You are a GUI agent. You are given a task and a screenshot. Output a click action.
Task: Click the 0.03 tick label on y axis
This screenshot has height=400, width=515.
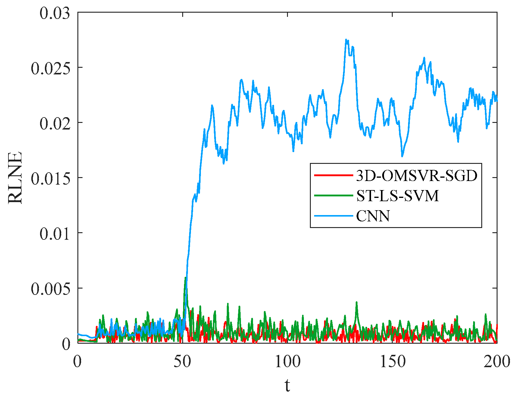coord(55,14)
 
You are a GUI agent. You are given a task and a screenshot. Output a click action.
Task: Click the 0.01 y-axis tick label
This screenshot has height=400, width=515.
coord(55,234)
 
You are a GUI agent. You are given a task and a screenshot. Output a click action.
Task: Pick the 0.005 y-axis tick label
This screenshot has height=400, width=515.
coord(51,289)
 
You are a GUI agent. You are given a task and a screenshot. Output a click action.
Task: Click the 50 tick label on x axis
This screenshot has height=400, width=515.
coord(183,361)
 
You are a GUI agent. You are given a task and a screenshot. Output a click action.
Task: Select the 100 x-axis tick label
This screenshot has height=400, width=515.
coord(287,361)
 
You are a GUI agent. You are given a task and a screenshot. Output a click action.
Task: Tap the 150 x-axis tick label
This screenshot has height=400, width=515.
coord(392,361)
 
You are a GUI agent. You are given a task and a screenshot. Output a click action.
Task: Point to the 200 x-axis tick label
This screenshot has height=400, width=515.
coord(497,361)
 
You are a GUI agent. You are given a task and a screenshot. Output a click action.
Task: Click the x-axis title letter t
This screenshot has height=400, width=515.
coord(287,385)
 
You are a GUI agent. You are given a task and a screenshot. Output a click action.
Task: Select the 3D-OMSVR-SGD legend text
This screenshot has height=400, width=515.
coord(417,176)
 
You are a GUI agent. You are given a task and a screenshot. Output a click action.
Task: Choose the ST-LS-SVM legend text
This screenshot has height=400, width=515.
coord(397,196)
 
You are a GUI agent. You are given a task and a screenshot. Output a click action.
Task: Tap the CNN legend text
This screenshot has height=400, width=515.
coord(373,216)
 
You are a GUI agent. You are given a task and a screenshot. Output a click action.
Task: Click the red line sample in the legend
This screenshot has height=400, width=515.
coord(333,175)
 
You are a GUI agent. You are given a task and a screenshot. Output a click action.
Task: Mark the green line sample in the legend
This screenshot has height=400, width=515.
coord(333,195)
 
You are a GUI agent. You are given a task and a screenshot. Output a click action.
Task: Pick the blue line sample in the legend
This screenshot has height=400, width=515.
coord(333,216)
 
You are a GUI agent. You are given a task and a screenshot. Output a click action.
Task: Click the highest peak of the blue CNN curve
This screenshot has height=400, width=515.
coord(346,39)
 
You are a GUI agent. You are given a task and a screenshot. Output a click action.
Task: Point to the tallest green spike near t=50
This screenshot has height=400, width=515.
coord(186,278)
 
